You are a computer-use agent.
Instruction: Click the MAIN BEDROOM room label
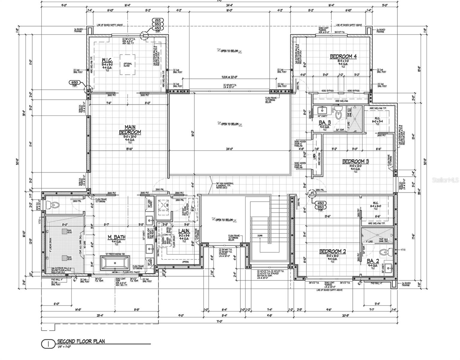click(130, 129)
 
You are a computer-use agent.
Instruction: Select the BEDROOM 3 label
click(355, 161)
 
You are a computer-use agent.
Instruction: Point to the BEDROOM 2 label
click(332, 251)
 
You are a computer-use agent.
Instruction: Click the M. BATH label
click(116, 237)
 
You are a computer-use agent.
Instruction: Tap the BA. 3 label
click(324, 122)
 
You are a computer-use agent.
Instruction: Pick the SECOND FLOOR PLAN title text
click(81, 341)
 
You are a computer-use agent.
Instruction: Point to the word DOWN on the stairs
click(260, 235)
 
